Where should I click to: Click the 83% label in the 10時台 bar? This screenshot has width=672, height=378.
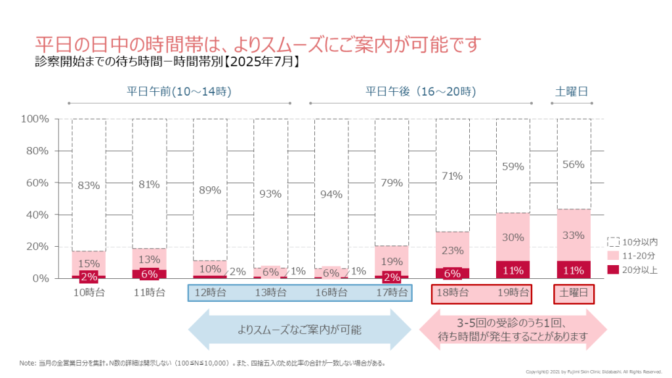[89, 185]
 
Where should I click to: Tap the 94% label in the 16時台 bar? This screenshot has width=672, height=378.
[331, 194]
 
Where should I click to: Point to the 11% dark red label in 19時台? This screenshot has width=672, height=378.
[513, 270]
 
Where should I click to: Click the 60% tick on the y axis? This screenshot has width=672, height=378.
[35, 182]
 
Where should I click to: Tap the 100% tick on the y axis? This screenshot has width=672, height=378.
[35, 119]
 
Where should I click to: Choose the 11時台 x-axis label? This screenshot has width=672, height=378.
[149, 293]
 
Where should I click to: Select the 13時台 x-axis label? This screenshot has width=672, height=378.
[270, 293]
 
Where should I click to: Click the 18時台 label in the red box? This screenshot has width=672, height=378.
[453, 293]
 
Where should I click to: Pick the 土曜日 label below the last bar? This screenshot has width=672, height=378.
[574, 293]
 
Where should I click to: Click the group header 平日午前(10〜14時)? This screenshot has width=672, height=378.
[179, 91]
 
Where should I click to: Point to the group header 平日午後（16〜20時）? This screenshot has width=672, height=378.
[421, 91]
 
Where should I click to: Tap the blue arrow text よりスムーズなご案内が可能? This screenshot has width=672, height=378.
[299, 329]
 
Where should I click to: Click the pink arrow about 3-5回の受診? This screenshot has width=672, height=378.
[513, 329]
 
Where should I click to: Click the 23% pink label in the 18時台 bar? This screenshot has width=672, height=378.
[453, 250]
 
